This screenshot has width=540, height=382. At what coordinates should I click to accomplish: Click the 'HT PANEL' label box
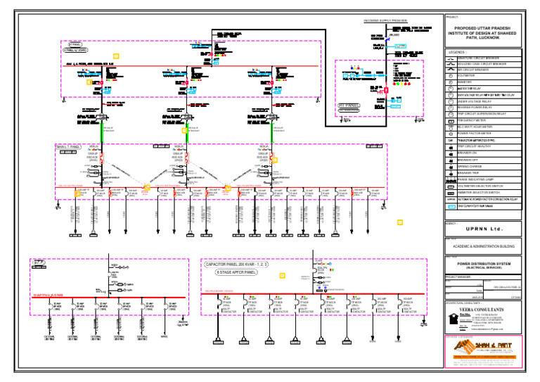pos(349,106)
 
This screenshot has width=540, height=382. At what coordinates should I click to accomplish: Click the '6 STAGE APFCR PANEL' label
pos(236,272)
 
